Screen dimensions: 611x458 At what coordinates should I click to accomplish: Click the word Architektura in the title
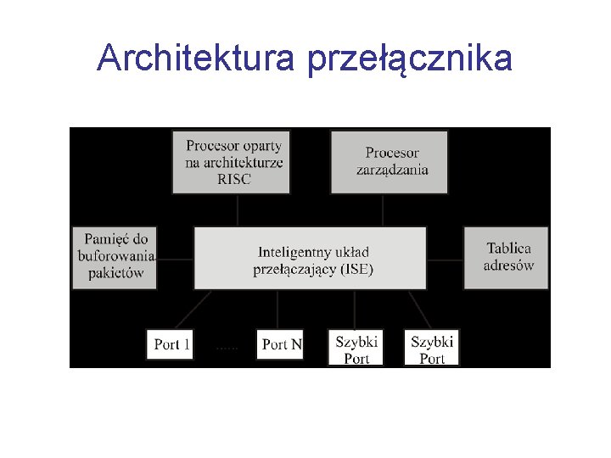click(x=194, y=59)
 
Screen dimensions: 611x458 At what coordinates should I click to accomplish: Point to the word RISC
click(x=234, y=179)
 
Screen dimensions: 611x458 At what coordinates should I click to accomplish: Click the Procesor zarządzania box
click(x=392, y=162)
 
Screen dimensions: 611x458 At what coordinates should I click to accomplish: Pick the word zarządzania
click(x=392, y=170)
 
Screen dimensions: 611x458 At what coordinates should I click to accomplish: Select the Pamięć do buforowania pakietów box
click(x=115, y=256)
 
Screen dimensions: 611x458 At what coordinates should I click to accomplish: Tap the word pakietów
click(x=115, y=273)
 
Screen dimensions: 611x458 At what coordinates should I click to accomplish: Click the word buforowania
click(x=116, y=256)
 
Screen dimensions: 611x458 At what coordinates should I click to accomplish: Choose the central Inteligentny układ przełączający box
click(x=311, y=258)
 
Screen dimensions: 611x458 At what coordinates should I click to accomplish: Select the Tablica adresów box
click(x=507, y=257)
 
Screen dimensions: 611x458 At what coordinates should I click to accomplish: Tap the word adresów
click(x=509, y=265)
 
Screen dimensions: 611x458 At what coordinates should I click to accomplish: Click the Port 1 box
click(x=171, y=344)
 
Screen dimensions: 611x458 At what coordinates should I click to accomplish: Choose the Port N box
click(x=281, y=344)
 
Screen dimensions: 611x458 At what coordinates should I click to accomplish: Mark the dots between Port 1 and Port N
click(x=227, y=348)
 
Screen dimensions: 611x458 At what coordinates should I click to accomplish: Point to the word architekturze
click(x=234, y=163)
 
